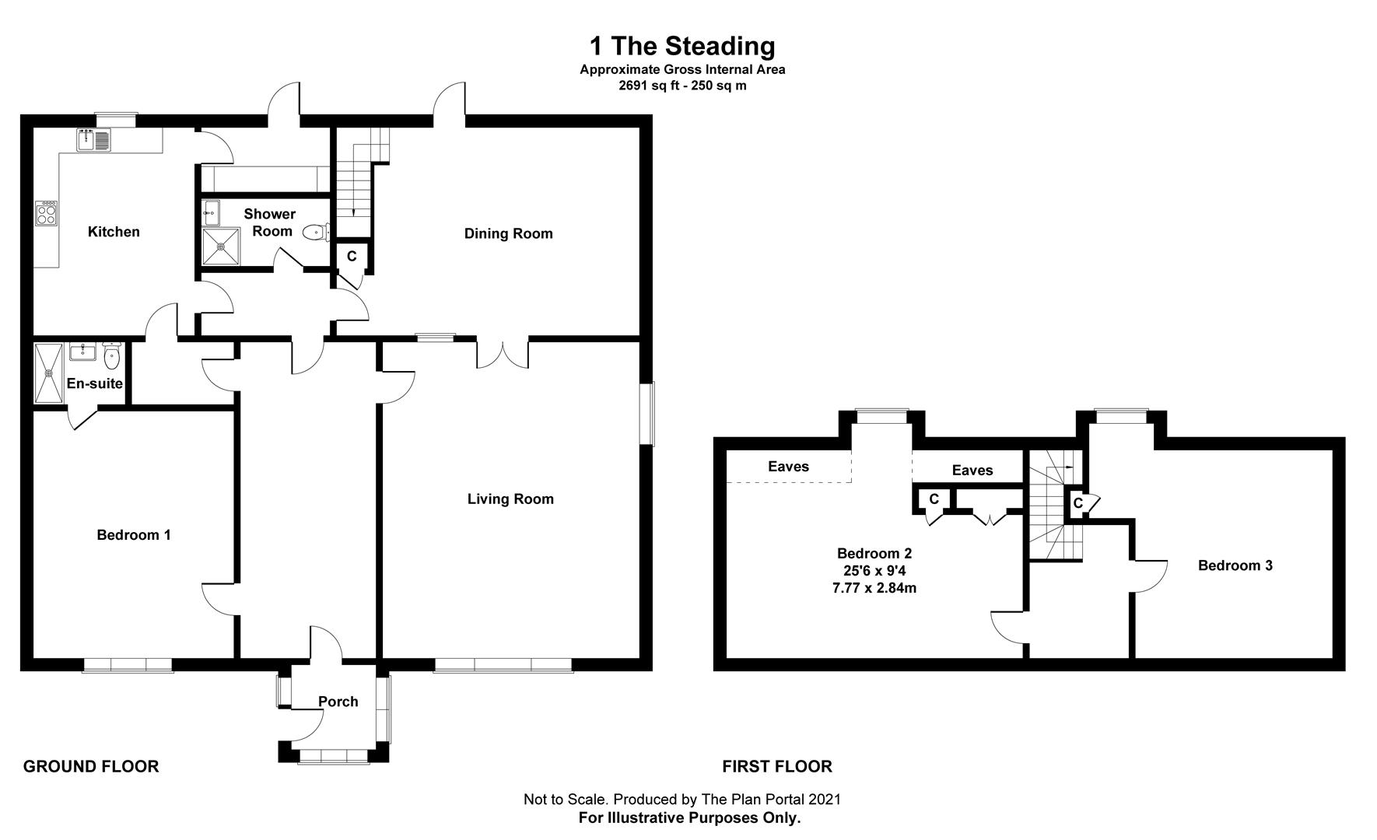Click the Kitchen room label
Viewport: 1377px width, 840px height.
pos(114,232)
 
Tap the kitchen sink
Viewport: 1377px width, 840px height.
pos(95,140)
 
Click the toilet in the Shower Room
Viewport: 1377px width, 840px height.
pos(316,231)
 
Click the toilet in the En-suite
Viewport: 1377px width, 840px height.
pos(112,357)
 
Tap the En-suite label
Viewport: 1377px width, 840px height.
pos(95,383)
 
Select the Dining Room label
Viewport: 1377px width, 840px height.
pos(509,233)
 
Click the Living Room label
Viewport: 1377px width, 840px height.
pos(510,499)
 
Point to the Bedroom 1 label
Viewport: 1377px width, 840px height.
pos(134,535)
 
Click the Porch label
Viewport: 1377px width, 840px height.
pos(338,702)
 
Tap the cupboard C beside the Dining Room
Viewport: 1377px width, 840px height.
pos(352,256)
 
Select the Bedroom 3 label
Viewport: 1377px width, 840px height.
pos(1235,565)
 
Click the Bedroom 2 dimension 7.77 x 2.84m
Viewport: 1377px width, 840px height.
pos(874,588)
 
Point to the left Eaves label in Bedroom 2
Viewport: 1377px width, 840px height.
pos(789,467)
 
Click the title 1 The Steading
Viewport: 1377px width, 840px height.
pos(682,46)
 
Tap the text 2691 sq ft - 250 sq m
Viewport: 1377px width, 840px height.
pos(682,86)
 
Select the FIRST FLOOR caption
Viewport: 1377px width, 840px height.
pos(777,767)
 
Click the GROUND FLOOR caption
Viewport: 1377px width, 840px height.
pos(91,767)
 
